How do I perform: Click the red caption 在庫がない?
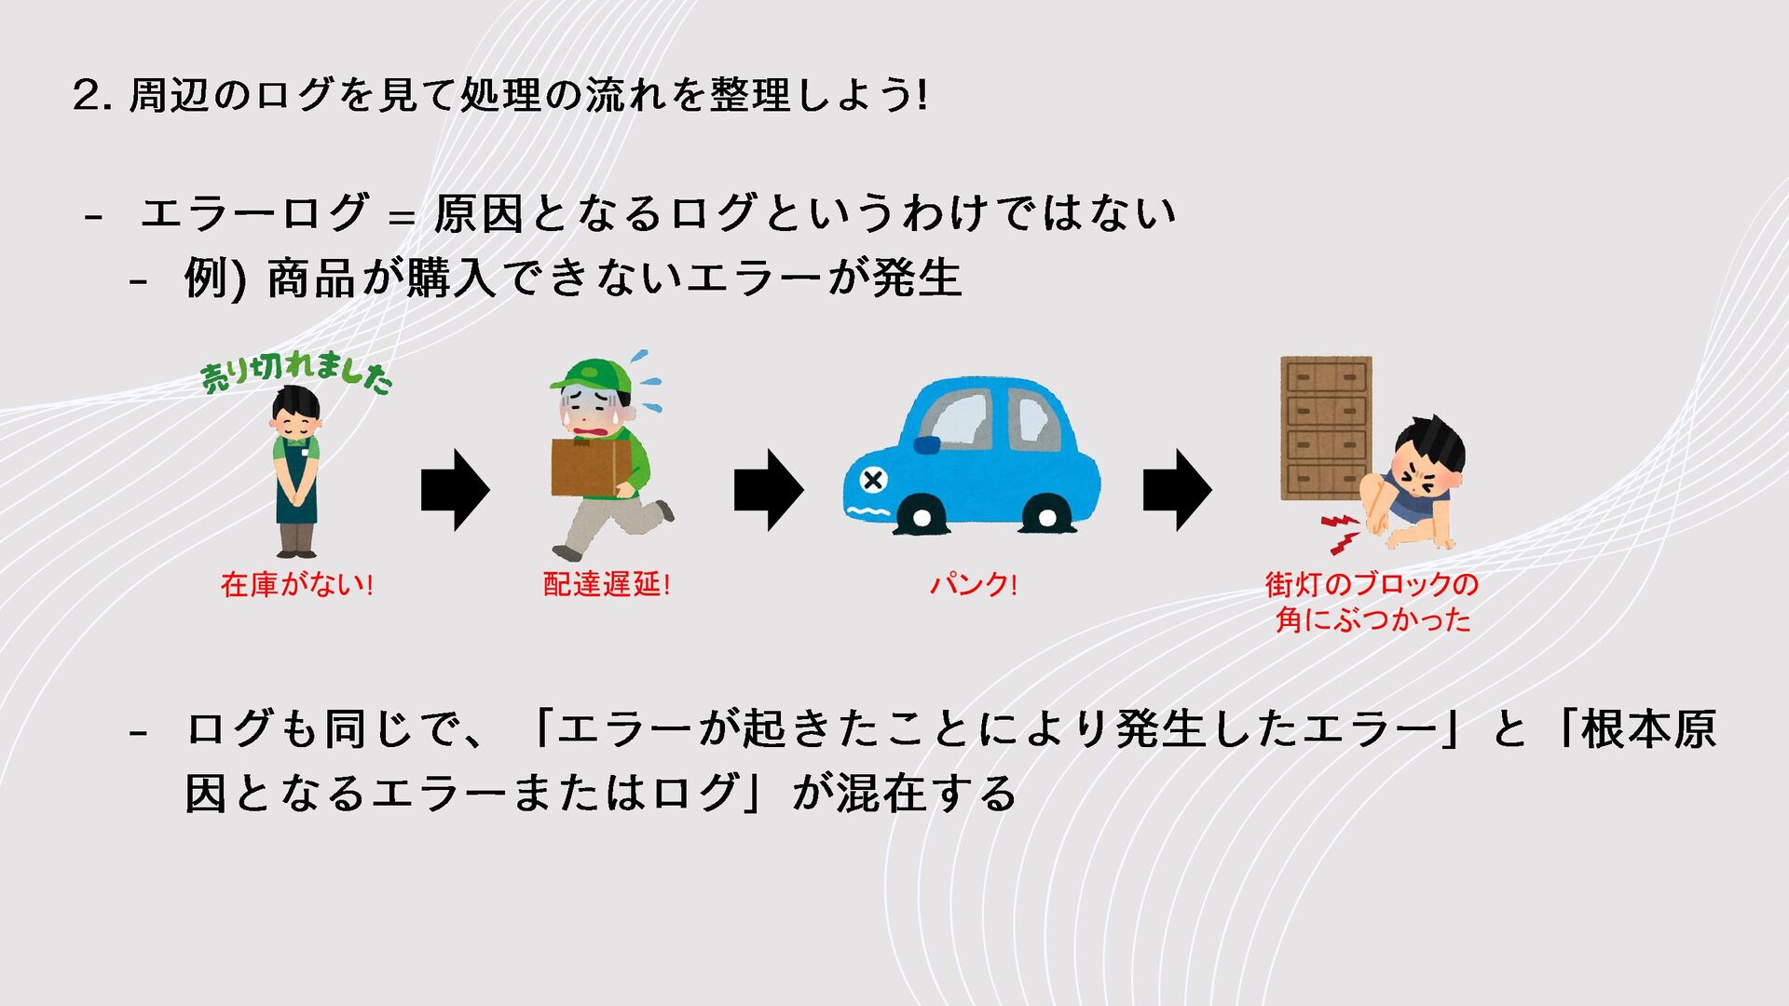[296, 585]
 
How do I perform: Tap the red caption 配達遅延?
[607, 585]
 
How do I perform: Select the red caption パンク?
[973, 585]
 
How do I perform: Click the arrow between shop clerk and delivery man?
[455, 490]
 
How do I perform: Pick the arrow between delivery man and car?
[768, 490]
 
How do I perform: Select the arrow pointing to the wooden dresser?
[1177, 490]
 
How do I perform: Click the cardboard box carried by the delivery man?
[590, 466]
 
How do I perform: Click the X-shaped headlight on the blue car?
[873, 481]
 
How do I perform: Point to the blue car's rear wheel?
[1045, 515]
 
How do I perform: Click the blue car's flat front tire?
[921, 517]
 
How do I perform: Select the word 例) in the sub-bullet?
[214, 278]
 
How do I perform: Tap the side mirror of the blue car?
[927, 445]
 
